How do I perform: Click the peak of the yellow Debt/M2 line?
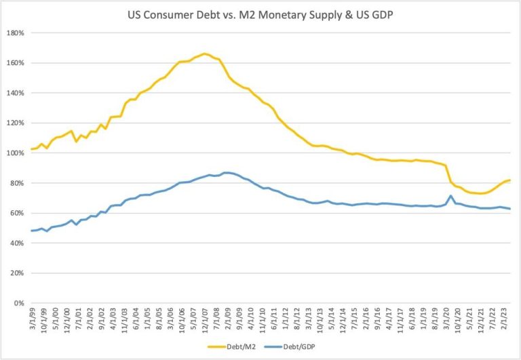pyautogui.click(x=204, y=54)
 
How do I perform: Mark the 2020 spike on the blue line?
pyautogui.click(x=451, y=196)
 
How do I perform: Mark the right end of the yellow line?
pyautogui.click(x=509, y=180)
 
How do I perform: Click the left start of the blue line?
pyautogui.click(x=31, y=231)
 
